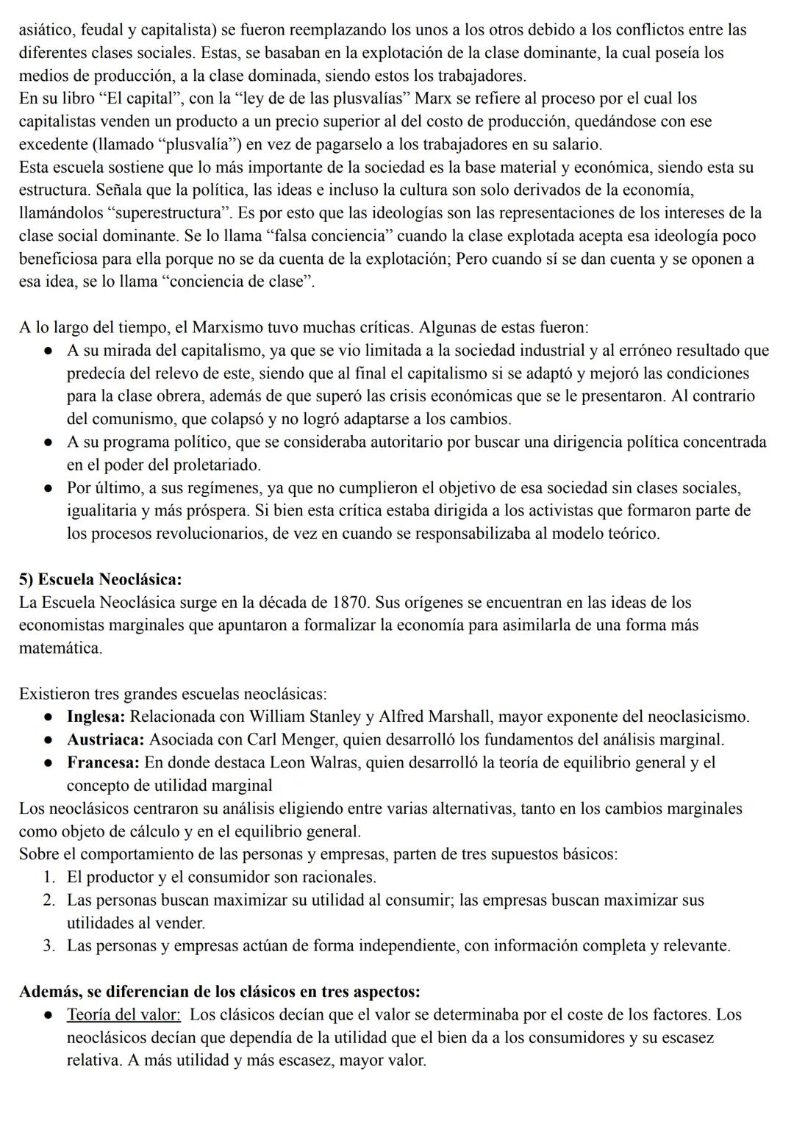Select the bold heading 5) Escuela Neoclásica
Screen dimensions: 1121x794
tap(101, 579)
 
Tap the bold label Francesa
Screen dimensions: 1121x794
tap(103, 762)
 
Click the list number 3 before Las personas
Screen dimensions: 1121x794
tap(49, 945)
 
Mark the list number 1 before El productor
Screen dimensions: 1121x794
tap(49, 877)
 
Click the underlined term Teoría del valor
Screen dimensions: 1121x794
tap(124, 1015)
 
